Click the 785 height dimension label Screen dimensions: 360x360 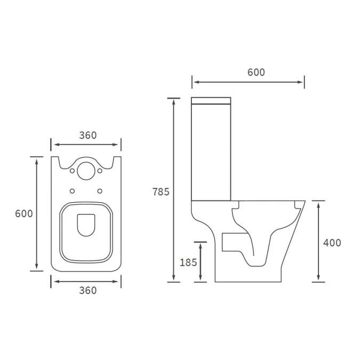[x=161, y=191]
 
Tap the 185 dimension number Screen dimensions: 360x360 [x=189, y=262]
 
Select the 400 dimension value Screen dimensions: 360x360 [x=332, y=243]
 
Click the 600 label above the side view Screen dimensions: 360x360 [x=256, y=73]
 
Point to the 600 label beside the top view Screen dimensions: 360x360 [x=23, y=213]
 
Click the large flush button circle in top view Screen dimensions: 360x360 [x=85, y=170]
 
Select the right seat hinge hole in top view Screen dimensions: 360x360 [x=100, y=191]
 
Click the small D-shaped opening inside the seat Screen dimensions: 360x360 [x=85, y=225]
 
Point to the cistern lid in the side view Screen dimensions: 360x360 [x=211, y=100]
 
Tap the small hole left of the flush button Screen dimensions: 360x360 [x=72, y=171]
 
